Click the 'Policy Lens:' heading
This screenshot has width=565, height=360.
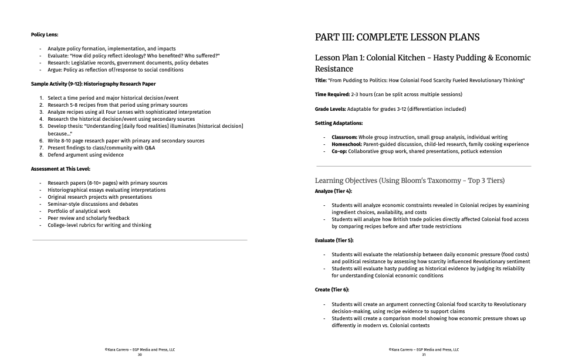45,35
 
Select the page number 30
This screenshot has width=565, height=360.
140,355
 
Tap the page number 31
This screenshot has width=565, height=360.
424,355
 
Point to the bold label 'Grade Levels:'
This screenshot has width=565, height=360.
330,109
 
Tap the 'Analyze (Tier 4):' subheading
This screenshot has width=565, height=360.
333,191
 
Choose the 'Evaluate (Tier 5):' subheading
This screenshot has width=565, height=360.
334,240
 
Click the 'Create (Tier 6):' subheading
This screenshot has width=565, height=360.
332,290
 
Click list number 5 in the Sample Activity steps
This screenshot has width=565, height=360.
42,126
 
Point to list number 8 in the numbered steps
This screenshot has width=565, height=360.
42,155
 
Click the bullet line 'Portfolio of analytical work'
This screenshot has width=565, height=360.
79,211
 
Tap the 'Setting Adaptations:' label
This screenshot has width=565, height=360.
339,123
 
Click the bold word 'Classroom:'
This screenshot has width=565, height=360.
345,137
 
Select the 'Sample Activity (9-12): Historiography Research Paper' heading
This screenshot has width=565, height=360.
91,84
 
